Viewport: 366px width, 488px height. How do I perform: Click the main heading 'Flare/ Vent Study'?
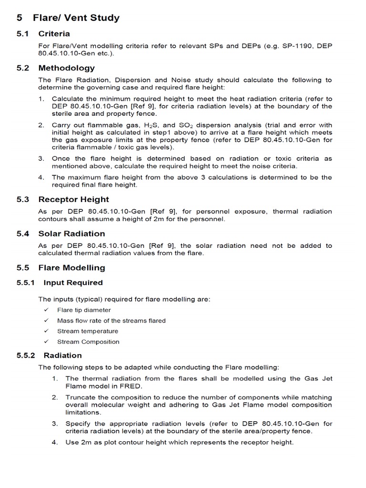click(x=76, y=18)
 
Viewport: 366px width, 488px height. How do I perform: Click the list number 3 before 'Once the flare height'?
click(x=41, y=159)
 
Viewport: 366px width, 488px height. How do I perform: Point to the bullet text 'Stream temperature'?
click(x=88, y=331)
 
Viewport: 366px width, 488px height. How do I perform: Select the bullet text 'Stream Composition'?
click(x=88, y=342)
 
